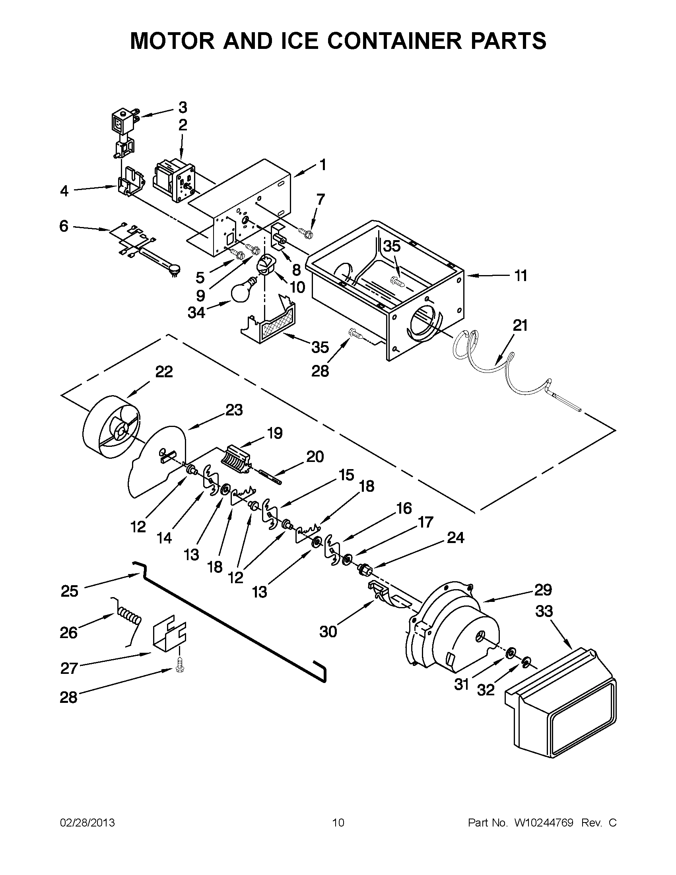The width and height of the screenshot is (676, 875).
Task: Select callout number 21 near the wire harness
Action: tap(520, 326)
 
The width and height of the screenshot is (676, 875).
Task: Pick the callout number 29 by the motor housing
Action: tap(542, 590)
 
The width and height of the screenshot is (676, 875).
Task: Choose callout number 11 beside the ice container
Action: tap(520, 275)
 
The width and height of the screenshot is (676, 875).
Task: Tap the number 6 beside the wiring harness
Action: tap(64, 226)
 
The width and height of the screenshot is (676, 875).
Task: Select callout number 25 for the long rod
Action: tap(69, 591)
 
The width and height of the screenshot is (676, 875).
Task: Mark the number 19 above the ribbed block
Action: tap(275, 433)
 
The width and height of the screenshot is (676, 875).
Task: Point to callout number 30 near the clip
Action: tap(328, 632)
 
